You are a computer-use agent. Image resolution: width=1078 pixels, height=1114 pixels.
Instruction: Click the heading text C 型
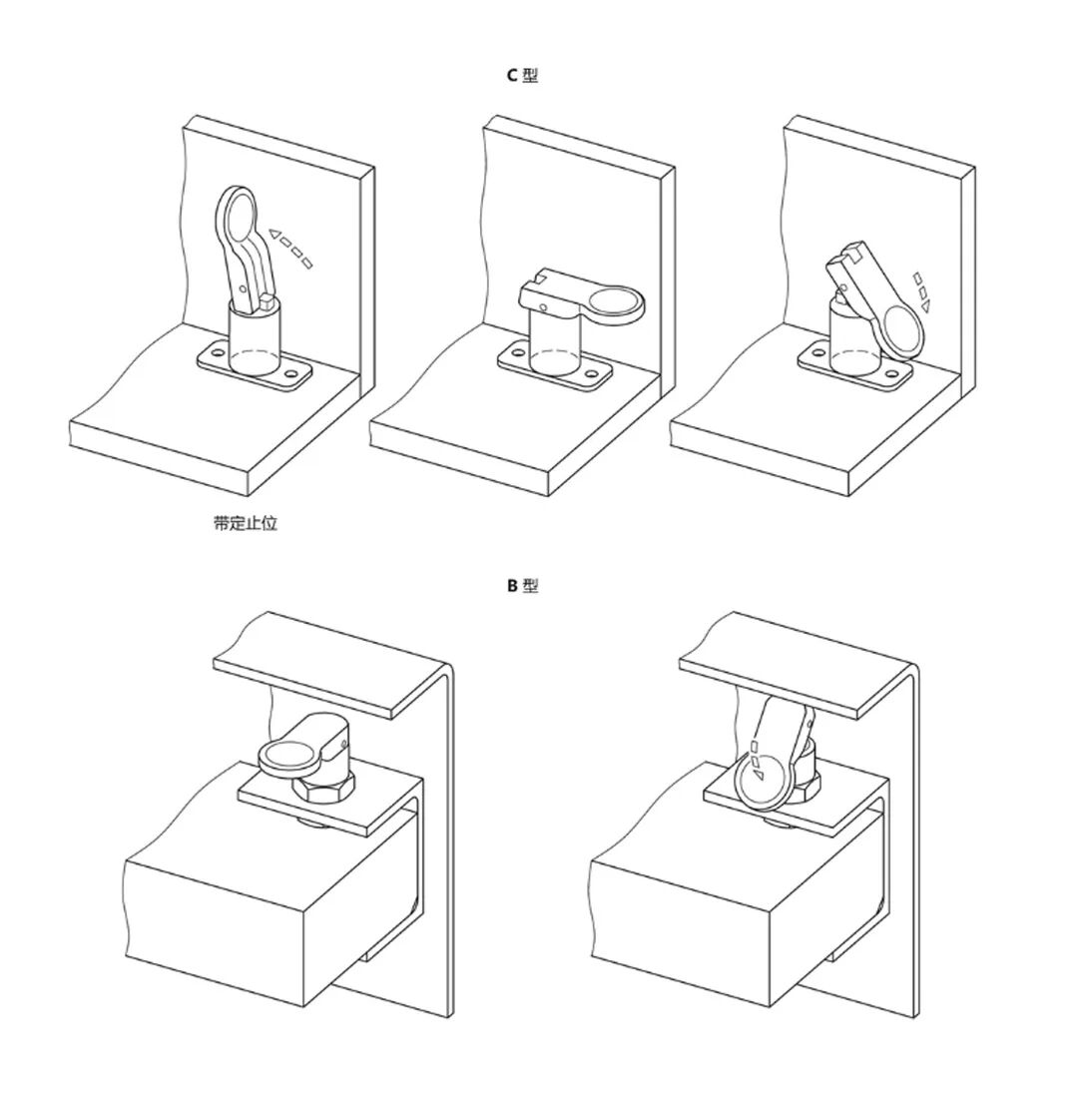[522, 75]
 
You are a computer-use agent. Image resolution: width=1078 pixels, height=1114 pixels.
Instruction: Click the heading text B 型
[522, 586]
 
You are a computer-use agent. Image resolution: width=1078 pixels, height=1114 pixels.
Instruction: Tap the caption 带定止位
[246, 524]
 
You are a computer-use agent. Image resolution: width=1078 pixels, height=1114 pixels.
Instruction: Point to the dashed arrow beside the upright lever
[289, 247]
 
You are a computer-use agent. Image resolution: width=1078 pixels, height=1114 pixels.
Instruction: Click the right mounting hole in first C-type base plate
[292, 373]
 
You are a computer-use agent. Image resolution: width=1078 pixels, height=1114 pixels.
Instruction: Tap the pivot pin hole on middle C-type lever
[544, 307]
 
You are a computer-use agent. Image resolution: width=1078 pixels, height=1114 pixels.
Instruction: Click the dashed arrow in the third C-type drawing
[921, 292]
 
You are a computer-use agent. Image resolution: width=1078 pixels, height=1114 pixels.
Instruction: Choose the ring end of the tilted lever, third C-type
[901, 331]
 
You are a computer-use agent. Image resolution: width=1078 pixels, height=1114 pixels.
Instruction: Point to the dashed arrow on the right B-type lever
[756, 760]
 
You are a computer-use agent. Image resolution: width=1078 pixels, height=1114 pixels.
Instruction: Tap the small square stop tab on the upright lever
[267, 301]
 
